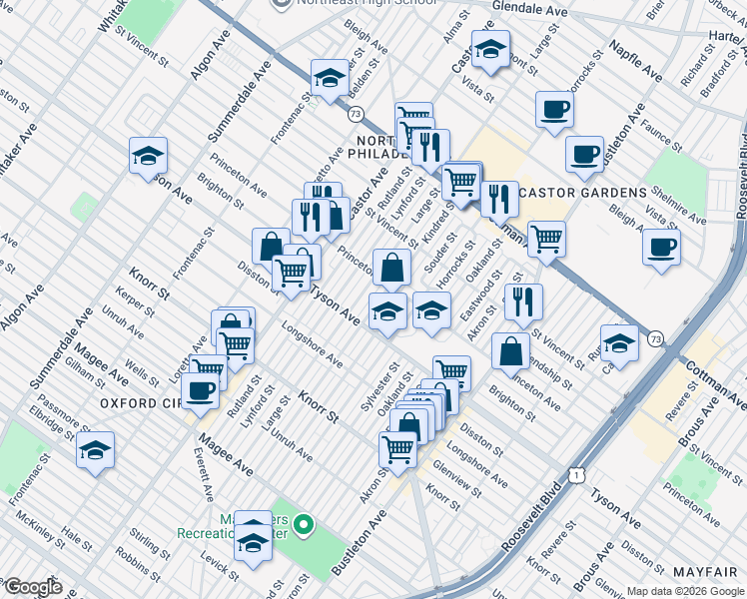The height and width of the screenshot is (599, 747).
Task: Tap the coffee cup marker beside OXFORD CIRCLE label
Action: [x=201, y=390]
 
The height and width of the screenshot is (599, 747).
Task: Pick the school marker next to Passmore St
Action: [x=96, y=450]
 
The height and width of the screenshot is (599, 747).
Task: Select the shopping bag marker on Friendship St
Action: [x=510, y=350]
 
